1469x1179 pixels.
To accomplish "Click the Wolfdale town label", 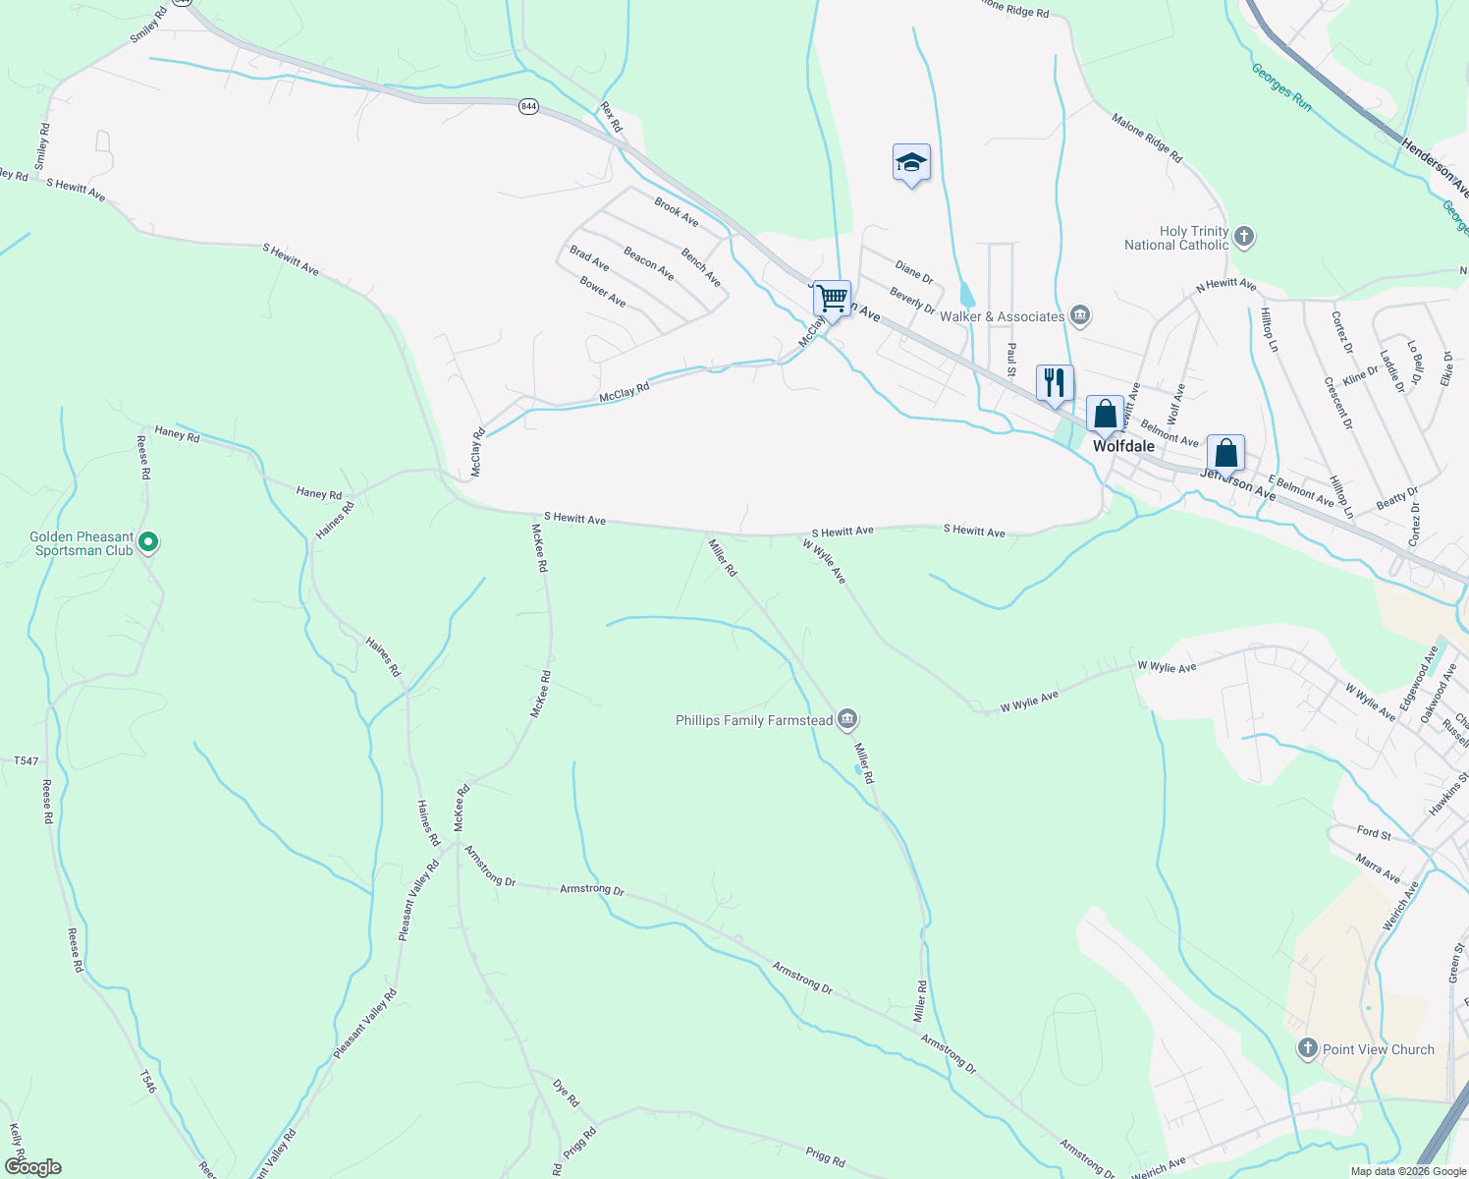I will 1124,446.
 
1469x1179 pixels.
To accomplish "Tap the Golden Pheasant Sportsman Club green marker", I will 148,541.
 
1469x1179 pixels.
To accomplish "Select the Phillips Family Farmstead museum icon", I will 847,720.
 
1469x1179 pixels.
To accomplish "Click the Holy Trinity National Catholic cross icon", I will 1244,237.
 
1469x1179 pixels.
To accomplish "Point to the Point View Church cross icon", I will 1307,1048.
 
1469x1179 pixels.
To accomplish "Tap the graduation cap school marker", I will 911,162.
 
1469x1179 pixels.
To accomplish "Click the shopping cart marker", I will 833,297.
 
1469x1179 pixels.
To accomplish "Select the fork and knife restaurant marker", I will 1055,382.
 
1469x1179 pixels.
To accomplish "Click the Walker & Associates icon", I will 1080,315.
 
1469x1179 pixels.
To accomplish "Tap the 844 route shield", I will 529,106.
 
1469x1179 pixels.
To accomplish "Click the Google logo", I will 33,1167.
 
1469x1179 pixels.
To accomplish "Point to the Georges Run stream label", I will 1281,86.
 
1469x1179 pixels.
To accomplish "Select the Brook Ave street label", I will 677,212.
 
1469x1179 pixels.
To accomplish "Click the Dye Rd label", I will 567,1094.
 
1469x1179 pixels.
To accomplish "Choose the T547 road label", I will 27,761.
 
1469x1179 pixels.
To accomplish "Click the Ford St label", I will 1374,832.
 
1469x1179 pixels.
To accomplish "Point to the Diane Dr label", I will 913,272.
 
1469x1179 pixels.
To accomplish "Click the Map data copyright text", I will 1408,1171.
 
